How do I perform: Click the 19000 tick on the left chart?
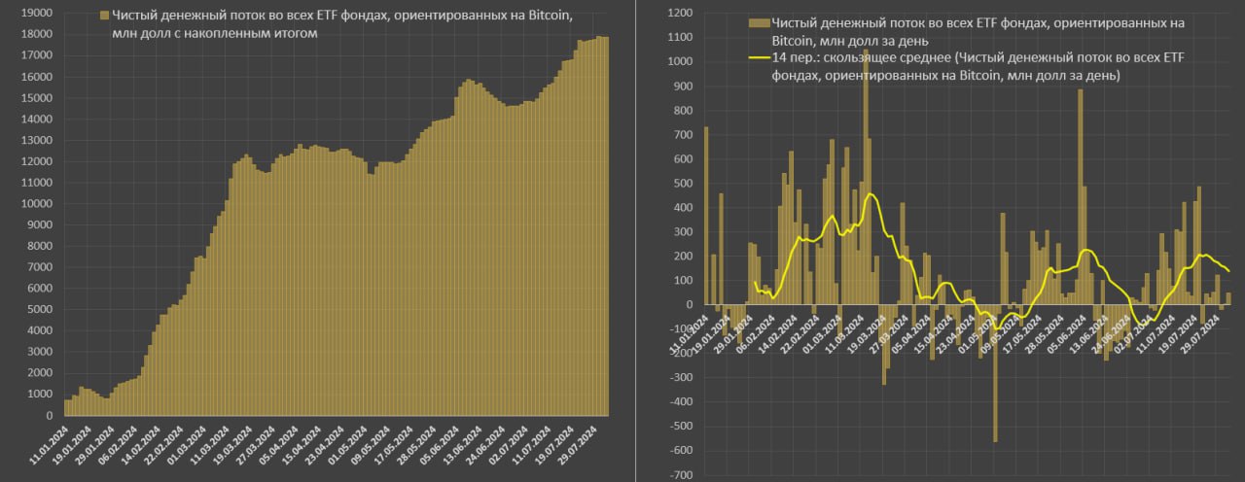(38, 14)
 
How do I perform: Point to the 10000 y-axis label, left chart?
(38, 204)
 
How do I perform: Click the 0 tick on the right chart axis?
(687, 305)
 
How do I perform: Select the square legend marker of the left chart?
(104, 17)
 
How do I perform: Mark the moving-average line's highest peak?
(870, 194)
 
